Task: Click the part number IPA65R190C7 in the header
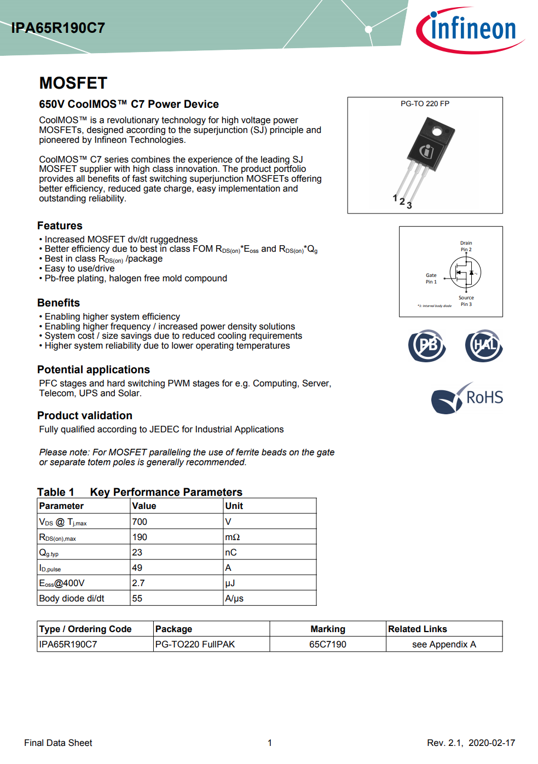58,28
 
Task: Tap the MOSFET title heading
73,83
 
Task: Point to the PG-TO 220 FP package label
425,103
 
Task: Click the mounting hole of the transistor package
437,131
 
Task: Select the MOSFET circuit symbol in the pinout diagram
465,273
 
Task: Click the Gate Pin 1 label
431,279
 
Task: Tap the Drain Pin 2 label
466,246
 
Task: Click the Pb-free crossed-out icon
427,345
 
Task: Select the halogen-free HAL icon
484,345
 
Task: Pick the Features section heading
60,225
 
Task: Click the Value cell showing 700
140,522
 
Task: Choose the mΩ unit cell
233,537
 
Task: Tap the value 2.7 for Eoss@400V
138,583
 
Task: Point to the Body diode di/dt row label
72,598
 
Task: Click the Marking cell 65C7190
327,644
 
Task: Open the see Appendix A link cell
444,644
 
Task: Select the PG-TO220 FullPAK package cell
195,644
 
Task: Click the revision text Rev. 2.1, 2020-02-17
471,743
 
